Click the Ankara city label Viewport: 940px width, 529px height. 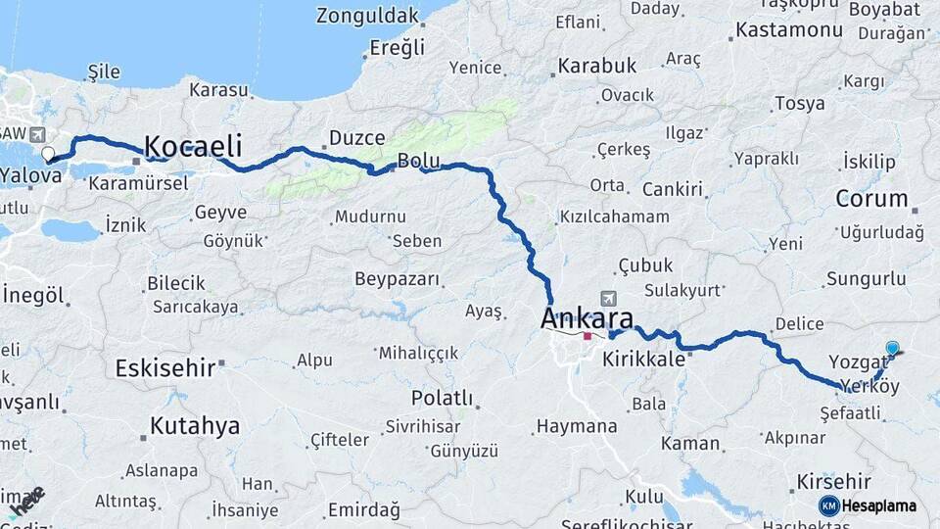tap(587, 318)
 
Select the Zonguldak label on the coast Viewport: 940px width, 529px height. tap(367, 16)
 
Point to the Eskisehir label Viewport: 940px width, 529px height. tap(164, 368)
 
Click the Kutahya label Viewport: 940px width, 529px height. tap(195, 426)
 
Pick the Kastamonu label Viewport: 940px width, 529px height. tap(789, 29)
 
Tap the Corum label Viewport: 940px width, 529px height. tap(871, 198)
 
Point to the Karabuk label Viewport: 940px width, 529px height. tap(597, 66)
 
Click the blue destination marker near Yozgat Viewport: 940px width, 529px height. tap(892, 348)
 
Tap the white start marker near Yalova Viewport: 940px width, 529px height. tap(48, 154)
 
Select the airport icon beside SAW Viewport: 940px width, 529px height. tap(37, 134)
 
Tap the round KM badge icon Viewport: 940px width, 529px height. tap(829, 505)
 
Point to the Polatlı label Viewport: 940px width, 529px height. tap(442, 399)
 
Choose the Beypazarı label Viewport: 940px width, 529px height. tap(397, 279)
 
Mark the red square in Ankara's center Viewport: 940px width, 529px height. tap(587, 336)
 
